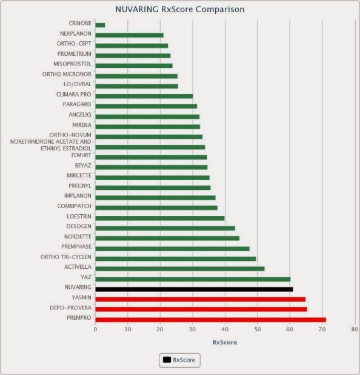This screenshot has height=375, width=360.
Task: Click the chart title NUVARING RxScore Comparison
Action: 180,10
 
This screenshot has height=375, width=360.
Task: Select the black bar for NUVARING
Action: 194,289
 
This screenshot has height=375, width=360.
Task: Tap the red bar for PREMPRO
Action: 210,319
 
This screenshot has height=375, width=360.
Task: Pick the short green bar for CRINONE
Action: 100,25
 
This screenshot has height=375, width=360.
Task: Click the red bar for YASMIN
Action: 200,299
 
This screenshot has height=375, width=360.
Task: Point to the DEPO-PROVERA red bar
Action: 201,309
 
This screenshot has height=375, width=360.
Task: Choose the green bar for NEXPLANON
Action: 129,35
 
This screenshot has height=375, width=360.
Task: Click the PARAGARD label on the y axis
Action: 77,105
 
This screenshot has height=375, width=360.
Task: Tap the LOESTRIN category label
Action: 79,216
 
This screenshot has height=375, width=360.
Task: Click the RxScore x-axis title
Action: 224,342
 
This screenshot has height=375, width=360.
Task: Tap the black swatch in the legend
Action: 167,360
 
